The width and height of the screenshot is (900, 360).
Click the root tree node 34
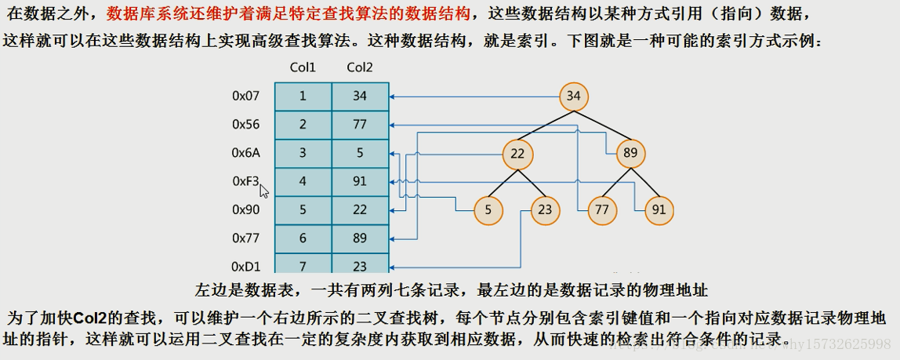click(574, 96)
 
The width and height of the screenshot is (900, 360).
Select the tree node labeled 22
click(517, 154)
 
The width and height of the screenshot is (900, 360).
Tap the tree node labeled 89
click(630, 154)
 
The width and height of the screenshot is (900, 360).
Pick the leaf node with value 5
click(488, 210)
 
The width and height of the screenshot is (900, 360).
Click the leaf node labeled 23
click(545, 210)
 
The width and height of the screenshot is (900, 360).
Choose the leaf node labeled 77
click(602, 210)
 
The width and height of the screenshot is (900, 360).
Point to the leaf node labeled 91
click(659, 210)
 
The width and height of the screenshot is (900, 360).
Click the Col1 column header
click(303, 68)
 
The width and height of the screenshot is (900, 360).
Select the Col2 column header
click(360, 68)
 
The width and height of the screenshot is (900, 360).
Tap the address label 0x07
click(245, 96)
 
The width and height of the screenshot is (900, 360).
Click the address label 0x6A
click(245, 153)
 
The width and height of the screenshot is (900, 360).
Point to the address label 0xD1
click(245, 266)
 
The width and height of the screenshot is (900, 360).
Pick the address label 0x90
click(245, 210)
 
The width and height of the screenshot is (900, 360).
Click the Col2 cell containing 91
click(360, 181)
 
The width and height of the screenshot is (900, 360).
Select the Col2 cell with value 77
click(360, 125)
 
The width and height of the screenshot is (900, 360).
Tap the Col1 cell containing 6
click(303, 238)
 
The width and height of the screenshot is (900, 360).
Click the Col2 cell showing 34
click(360, 96)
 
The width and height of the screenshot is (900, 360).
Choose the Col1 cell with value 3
click(303, 153)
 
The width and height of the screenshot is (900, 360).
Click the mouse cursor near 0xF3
click(264, 191)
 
